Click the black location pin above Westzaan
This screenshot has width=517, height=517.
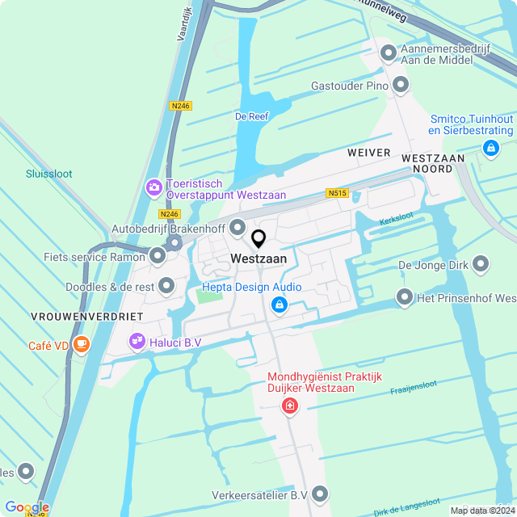[x=258, y=239]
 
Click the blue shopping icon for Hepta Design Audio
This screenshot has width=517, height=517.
[x=280, y=305]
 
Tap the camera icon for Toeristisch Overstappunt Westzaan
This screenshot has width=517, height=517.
[x=153, y=188]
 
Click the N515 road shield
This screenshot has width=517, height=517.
[x=337, y=193]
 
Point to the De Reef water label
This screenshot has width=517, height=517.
[x=251, y=116]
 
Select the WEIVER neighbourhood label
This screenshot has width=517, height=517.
[x=368, y=153]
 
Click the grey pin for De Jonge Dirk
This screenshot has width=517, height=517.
[x=481, y=264]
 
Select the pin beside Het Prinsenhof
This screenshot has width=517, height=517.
[x=404, y=298]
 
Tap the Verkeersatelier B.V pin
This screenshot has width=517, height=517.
[x=321, y=494]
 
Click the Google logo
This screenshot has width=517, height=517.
[x=27, y=507]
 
